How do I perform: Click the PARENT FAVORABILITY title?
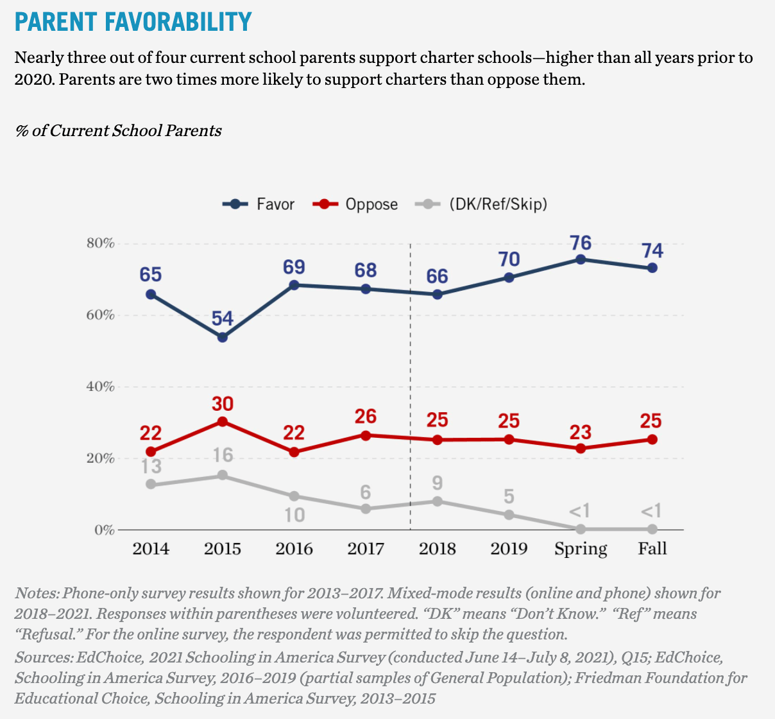[133, 21]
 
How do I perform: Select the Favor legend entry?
[259, 204]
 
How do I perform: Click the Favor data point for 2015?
[223, 337]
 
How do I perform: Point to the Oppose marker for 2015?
[223, 422]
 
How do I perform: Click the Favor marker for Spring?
[581, 259]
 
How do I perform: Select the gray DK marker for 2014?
[151, 484]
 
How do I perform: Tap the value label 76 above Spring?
[581, 243]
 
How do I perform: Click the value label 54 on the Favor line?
[223, 318]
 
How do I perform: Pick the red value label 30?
[223, 404]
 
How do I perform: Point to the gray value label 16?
[223, 456]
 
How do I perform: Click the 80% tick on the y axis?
[100, 244]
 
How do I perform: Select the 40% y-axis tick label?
[100, 387]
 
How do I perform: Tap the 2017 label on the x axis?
[365, 549]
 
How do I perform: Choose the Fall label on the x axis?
[652, 549]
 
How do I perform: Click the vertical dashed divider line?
[410, 385]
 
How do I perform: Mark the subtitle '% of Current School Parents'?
[118, 131]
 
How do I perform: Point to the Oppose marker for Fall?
[652, 440]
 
